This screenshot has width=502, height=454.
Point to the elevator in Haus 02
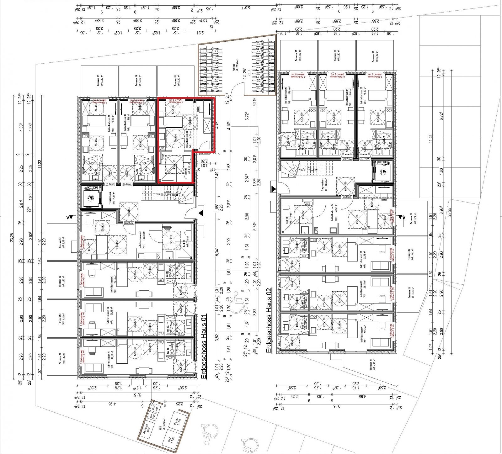click(383, 171)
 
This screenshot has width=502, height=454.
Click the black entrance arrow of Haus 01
click(201, 213)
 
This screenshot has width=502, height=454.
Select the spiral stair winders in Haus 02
click(288, 171)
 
